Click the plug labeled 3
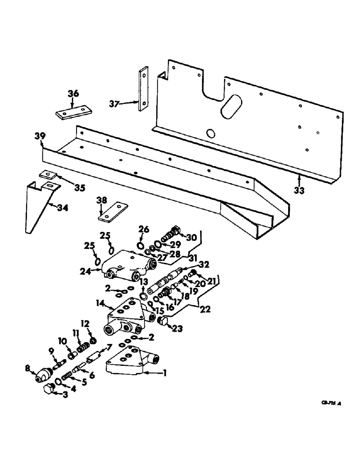click(x=48, y=390)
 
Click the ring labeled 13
click(x=144, y=297)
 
